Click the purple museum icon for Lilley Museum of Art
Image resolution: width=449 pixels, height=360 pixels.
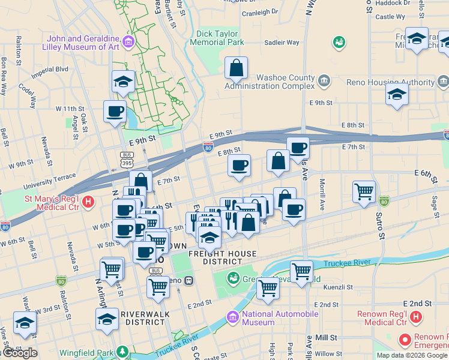click(x=128, y=41)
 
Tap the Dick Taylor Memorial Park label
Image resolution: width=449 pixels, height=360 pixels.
click(x=217, y=38)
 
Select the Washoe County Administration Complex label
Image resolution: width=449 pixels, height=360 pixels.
click(x=270, y=82)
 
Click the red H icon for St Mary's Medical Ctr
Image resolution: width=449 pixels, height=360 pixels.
click(x=89, y=202)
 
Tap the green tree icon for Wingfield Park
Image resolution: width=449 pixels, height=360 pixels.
click(x=122, y=350)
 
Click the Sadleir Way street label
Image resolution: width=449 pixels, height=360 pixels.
click(x=282, y=43)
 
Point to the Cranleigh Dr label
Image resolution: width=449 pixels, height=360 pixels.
click(x=259, y=11)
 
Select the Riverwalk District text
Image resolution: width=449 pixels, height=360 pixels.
click(x=145, y=318)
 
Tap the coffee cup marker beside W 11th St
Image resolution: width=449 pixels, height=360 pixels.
click(x=115, y=110)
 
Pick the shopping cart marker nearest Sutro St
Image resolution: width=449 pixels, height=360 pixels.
click(x=364, y=192)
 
